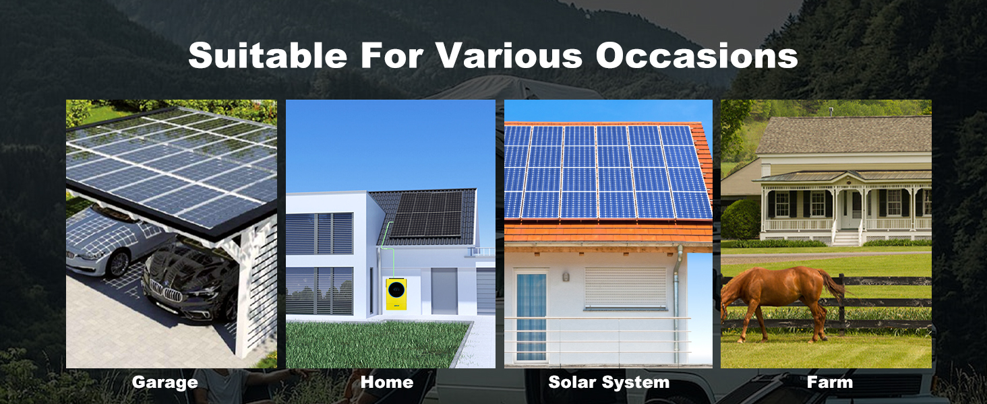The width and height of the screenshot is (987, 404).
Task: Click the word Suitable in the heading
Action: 268,55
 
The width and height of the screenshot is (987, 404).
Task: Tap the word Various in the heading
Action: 510,55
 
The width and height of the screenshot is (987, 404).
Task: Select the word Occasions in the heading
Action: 696,56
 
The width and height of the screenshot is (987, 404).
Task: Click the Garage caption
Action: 164,382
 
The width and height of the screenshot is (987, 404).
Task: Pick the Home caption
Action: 387,382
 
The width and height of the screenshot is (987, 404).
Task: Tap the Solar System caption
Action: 609,382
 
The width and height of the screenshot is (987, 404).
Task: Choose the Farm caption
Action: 830,382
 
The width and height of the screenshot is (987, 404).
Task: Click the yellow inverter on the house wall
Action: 396,293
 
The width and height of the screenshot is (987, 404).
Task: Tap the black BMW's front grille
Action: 166,291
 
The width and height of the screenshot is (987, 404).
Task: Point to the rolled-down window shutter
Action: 625,288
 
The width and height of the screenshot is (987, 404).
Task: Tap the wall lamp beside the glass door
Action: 566,277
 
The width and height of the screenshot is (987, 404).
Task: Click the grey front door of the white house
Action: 444,291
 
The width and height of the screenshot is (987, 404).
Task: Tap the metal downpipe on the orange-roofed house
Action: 677,304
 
